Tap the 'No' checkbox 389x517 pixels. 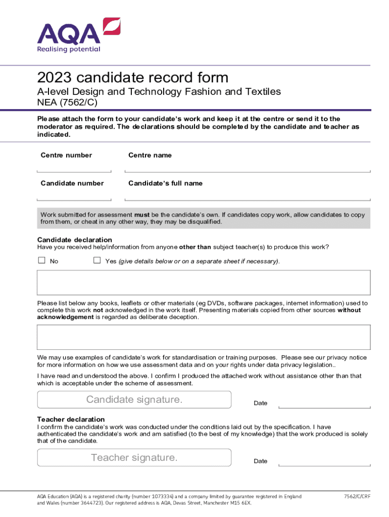click(x=42, y=261)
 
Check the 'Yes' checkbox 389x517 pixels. click(x=97, y=261)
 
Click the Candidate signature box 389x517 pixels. click(x=134, y=399)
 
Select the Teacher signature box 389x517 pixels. click(x=134, y=457)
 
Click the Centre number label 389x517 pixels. click(x=66, y=155)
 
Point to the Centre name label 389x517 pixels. click(x=150, y=155)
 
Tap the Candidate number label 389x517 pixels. click(x=72, y=183)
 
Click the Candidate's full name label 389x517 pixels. click(x=165, y=183)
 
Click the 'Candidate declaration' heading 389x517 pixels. click(x=75, y=239)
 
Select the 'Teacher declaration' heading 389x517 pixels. click(x=71, y=419)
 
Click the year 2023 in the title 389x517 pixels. click(x=53, y=78)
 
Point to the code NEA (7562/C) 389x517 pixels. click(x=67, y=102)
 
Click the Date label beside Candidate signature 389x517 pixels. click(x=261, y=403)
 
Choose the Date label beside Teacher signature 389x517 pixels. click(x=261, y=461)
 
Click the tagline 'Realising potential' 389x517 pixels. click(x=69, y=49)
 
